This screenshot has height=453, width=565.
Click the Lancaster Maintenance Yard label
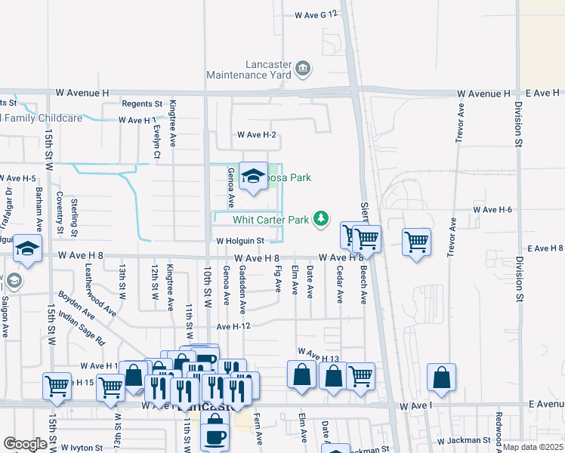point(251,70)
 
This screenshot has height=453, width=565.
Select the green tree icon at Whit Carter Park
point(322,219)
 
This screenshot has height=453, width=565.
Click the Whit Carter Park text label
point(271,220)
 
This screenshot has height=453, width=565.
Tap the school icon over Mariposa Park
point(253,176)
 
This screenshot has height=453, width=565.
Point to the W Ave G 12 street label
point(315,14)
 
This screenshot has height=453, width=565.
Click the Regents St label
point(143,103)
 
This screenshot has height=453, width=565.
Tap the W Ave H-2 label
point(257,135)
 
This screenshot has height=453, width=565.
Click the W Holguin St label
point(239,242)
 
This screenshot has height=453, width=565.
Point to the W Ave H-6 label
point(492,209)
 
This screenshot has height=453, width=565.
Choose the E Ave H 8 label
point(545,248)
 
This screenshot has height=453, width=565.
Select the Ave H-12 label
point(233,326)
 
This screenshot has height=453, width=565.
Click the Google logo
point(25,444)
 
